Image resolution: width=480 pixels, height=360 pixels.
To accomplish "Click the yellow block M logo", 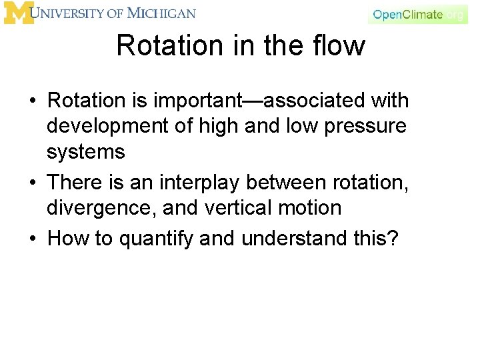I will point(19,13).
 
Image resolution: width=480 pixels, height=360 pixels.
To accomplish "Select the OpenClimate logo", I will point(417,14).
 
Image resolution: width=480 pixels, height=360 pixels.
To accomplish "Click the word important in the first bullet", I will point(206,101).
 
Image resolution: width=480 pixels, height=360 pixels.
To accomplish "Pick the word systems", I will point(85,152).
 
